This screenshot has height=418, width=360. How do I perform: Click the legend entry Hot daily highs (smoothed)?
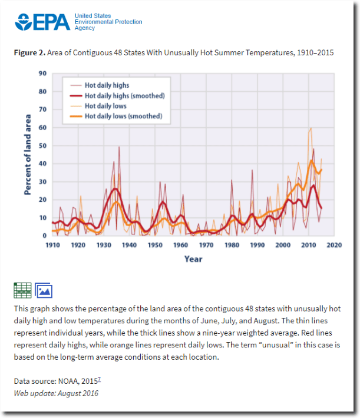coord(124,96)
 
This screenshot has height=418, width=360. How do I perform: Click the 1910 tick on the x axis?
coord(52,245)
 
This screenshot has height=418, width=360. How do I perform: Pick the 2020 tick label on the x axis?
coord(335,245)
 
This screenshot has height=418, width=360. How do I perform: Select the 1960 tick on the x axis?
coord(180,245)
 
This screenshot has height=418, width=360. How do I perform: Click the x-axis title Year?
coord(193,259)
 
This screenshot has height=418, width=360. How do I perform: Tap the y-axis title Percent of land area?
coord(28,155)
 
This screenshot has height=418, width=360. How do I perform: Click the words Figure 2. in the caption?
coord(29,52)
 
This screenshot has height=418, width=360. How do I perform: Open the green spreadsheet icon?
coord(22,290)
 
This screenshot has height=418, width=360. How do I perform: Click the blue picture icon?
coord(44,290)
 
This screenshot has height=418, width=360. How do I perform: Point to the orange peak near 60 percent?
coord(311,128)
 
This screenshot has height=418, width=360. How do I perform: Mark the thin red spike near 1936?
coord(119,147)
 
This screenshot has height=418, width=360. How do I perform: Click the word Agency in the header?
coord(85,28)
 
